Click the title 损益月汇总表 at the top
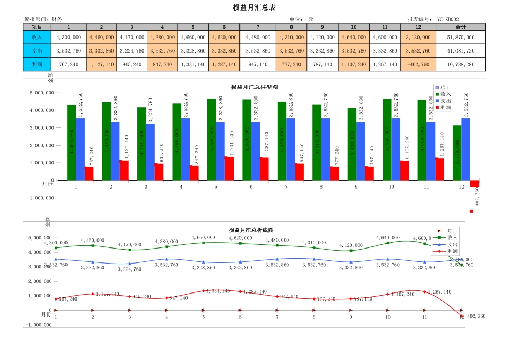pyautogui.click(x=254, y=7)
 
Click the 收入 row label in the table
pyautogui.click(x=37, y=37)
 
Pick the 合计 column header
pyautogui.click(x=460, y=27)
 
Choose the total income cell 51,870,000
pyautogui.click(x=460, y=37)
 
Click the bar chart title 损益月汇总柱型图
pyautogui.click(x=254, y=87)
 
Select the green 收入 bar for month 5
pyautogui.click(x=212, y=139)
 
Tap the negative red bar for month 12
pyautogui.click(x=474, y=184)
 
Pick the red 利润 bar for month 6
pyautogui.click(x=264, y=169)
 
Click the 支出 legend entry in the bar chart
pyautogui.click(x=443, y=101)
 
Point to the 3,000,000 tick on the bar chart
pyautogui.click(x=39, y=128)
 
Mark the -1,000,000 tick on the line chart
pyautogui.click(x=39, y=325)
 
